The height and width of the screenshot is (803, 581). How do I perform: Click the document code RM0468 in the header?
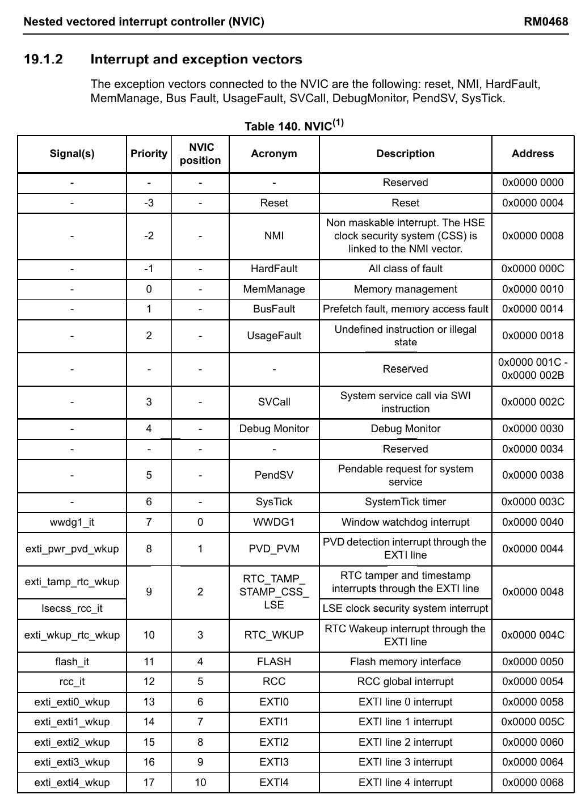545,22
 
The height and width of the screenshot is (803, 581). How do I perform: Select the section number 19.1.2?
43,60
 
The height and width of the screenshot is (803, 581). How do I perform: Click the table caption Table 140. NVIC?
294,126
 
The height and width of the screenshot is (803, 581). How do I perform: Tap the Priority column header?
149,154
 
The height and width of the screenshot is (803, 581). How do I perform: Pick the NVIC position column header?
200,154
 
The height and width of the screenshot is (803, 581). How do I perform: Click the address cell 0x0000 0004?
533,203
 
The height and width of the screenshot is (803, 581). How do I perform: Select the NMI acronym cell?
274,236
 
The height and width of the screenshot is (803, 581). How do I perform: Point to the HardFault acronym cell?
274,269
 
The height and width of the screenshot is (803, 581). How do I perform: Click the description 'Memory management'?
405,289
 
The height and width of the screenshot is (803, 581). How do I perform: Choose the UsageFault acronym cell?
274,336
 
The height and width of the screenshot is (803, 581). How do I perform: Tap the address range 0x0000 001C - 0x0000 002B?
533,369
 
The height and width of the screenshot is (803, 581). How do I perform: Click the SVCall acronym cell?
274,402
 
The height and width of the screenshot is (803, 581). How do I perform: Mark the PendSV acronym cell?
274,475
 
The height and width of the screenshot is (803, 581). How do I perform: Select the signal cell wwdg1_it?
72,522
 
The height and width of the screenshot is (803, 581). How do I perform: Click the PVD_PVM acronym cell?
274,549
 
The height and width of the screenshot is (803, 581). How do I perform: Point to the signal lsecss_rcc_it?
72,608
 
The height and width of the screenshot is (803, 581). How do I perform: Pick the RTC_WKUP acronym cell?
274,635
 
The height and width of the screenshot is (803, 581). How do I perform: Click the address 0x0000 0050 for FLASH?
533,662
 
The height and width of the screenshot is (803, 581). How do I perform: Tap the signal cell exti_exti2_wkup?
72,742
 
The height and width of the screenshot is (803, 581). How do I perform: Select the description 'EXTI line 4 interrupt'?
405,783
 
